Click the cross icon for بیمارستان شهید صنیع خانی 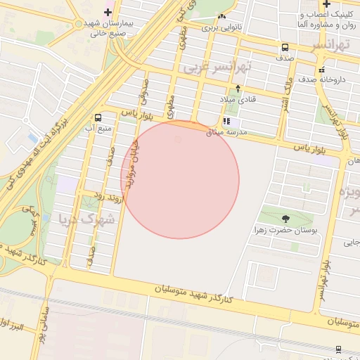108,12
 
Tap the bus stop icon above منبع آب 97,117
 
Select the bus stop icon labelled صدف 285,48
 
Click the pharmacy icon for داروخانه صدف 321,70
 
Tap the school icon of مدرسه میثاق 226,122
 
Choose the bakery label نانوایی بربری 221,27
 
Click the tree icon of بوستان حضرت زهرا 285,219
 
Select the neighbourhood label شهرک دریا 87,217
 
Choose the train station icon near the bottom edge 338,349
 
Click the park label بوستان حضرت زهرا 285,230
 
